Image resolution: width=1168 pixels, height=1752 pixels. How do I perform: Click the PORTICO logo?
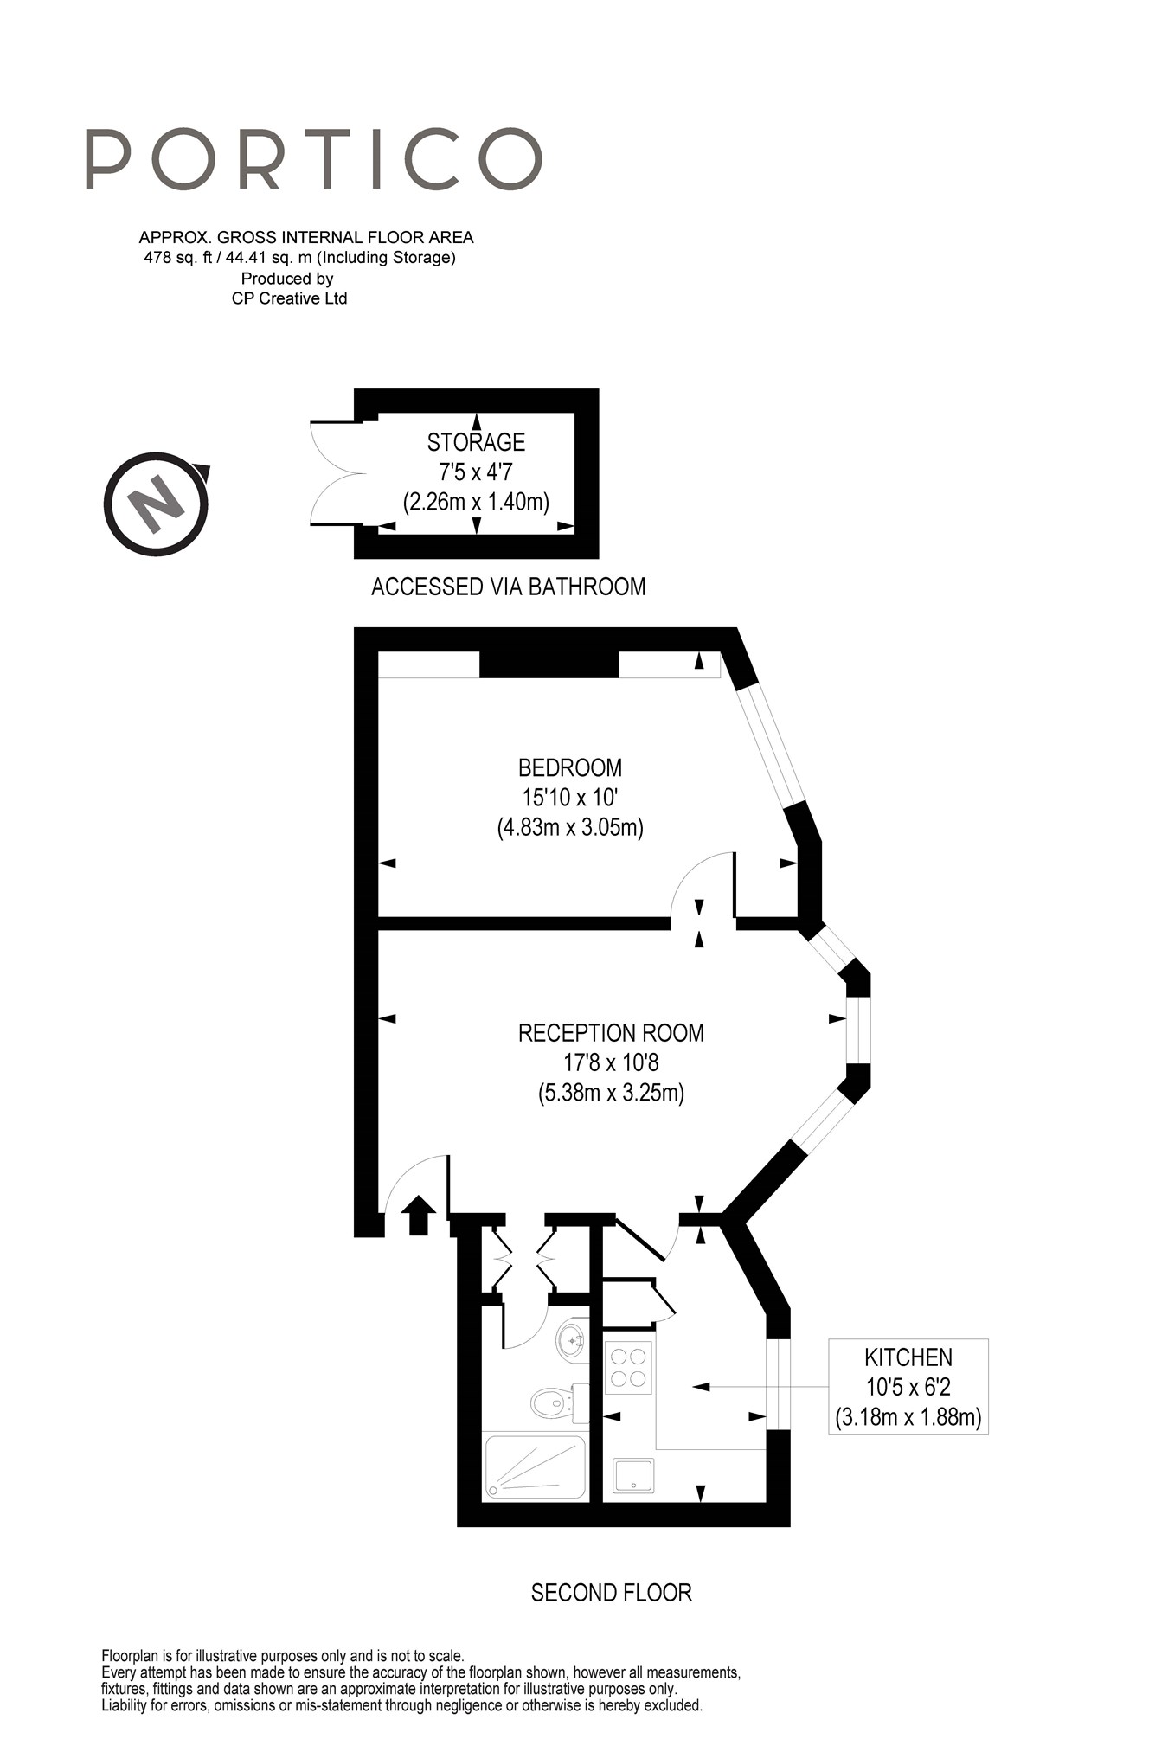point(313,159)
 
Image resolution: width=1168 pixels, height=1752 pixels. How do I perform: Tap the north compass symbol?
point(157,504)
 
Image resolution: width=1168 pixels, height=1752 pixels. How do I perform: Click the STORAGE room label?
point(476,442)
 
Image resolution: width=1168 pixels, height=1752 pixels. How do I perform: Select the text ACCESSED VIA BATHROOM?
point(508,587)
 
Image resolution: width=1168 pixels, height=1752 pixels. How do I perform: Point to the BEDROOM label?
point(570,767)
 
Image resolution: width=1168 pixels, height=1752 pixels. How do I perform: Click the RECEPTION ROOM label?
point(611,1032)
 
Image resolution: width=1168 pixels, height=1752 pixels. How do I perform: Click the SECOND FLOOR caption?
point(611,1592)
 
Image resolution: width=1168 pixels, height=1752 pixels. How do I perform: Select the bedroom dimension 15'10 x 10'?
point(570,797)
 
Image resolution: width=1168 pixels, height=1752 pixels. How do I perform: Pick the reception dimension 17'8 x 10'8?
point(611,1062)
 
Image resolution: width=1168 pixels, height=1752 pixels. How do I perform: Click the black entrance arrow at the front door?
point(419,1215)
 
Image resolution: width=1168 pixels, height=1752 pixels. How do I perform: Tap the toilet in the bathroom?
point(557,1400)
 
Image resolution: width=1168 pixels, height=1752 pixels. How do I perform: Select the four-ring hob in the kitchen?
point(628,1367)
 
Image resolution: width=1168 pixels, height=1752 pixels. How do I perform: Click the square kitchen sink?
point(633,1475)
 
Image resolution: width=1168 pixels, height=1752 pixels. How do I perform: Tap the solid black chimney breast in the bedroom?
point(549,664)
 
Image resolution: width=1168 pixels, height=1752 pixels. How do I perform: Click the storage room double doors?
point(335,473)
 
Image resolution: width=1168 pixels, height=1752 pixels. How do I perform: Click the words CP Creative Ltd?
point(289,298)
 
